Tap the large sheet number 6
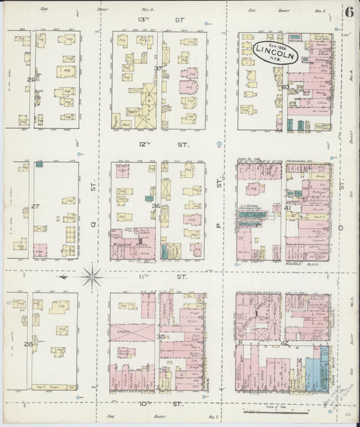click(350, 12)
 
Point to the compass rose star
click(91, 276)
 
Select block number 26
click(30, 80)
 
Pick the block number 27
click(30, 207)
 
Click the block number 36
click(157, 206)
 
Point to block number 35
click(161, 336)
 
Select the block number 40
click(286, 86)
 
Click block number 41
click(287, 208)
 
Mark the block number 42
click(285, 343)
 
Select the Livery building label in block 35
click(123, 330)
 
